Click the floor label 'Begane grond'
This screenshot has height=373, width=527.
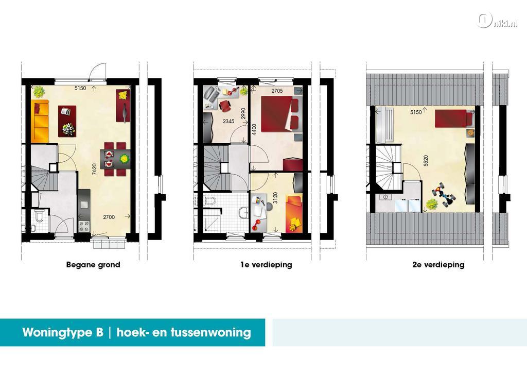tap(93, 265)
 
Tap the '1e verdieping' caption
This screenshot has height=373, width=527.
tap(266, 265)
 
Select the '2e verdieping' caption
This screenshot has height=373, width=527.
tap(438, 265)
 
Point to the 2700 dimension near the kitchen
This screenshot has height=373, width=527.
tap(109, 217)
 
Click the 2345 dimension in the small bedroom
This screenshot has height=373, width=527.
tap(229, 122)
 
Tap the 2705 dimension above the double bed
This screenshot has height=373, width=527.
tap(277, 91)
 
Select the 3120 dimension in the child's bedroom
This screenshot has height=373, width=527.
tap(276, 198)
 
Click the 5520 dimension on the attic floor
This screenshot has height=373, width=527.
tap(426, 161)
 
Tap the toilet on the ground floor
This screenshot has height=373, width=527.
tap(39, 215)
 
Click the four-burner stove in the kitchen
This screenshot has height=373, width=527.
tap(84, 226)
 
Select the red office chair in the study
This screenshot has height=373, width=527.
tap(225, 106)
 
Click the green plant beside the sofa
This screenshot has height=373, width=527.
tap(39, 92)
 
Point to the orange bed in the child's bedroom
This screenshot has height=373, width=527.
tap(294, 214)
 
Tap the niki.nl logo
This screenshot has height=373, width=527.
tap(497, 21)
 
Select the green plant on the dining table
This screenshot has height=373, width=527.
tap(125, 158)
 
